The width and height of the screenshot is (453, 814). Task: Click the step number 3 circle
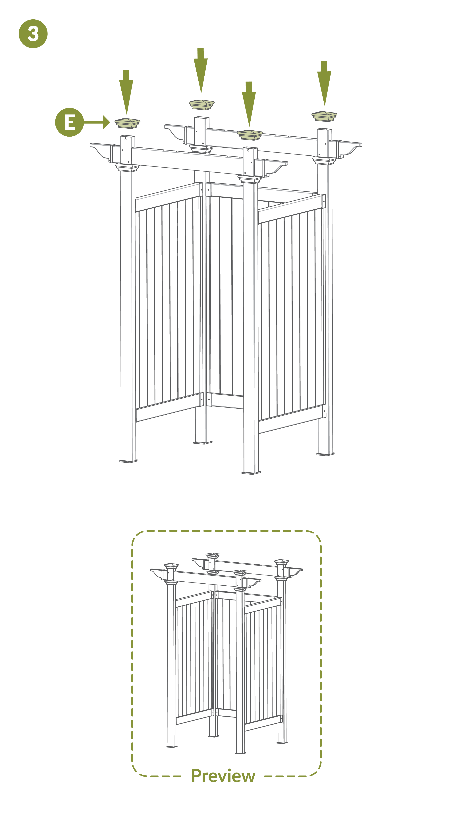[33, 34]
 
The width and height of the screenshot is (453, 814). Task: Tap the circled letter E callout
[70, 122]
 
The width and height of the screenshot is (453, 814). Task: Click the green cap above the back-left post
[202, 105]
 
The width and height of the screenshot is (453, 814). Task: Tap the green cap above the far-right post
[324, 116]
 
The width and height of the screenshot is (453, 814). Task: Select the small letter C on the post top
[248, 150]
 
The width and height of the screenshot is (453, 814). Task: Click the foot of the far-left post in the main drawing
[128, 461]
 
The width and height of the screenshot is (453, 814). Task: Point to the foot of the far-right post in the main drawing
[325, 454]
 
